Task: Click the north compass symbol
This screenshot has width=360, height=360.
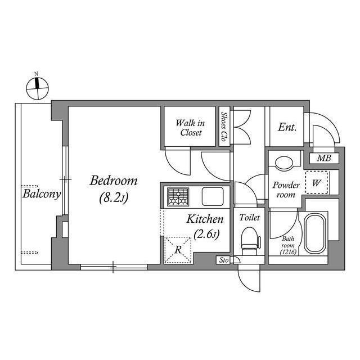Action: coord(38,87)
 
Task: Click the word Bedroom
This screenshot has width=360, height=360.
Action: coord(114,181)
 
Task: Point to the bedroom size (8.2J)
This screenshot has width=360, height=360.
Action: coord(114,198)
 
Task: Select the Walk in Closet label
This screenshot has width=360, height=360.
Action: coord(191,127)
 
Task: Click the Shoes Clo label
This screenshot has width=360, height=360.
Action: coord(224,127)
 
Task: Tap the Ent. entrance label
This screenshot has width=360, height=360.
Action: coord(287,128)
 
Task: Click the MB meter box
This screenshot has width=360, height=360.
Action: coord(323,158)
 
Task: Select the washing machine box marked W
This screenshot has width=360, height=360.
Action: coord(316,182)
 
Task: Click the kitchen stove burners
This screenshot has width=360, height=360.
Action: coord(179,197)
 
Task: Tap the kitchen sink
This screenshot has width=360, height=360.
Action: coord(213,197)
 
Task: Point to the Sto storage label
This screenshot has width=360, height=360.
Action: coord(223,260)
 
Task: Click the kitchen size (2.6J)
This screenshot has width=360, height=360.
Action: coord(206,233)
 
